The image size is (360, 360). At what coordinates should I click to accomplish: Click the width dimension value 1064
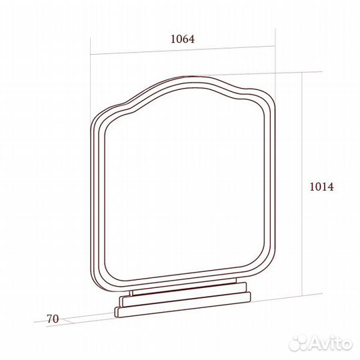point(183,39)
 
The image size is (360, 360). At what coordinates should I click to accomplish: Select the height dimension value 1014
point(321,187)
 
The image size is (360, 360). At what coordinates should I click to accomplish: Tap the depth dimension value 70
point(53,319)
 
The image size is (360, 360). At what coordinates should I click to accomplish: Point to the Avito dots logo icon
point(298,343)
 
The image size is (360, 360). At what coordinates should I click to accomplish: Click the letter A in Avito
point(315,344)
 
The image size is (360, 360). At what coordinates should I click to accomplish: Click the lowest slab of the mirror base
point(183,305)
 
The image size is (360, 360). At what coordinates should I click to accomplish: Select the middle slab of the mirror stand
point(183,295)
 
